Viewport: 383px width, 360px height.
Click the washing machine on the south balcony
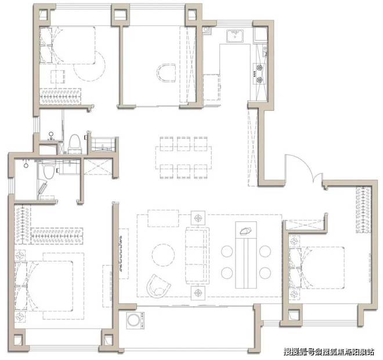(134, 320)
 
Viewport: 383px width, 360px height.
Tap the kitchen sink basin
(235, 36)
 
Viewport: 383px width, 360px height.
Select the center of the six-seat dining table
(183, 158)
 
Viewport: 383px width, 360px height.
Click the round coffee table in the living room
(163, 255)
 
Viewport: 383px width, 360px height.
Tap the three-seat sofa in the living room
(197, 256)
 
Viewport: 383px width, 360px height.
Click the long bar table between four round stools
(246, 255)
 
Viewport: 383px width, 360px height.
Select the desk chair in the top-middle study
(166, 73)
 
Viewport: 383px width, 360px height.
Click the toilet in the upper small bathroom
(74, 144)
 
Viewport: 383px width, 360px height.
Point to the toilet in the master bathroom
(48, 171)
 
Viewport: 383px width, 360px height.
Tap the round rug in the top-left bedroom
(89, 66)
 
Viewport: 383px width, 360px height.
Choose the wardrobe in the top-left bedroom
(60, 96)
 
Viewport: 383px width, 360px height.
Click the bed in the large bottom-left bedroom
(44, 286)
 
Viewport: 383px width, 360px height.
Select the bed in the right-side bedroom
(317, 268)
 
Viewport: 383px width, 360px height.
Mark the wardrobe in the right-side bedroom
(363, 210)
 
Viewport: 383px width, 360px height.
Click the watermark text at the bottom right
(329, 352)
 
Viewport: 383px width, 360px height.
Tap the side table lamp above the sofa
(198, 218)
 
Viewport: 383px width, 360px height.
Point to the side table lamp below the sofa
(198, 293)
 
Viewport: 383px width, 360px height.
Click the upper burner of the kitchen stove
(259, 67)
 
